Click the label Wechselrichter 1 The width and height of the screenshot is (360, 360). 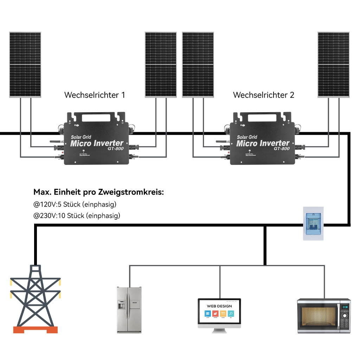pyautogui.click(x=95, y=95)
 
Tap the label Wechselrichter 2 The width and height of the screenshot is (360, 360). pyautogui.click(x=263, y=95)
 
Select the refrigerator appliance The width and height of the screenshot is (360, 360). pyautogui.click(x=129, y=310)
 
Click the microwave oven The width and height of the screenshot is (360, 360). pyautogui.click(x=324, y=316)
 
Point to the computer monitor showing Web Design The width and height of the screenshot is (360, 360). pyautogui.click(x=219, y=313)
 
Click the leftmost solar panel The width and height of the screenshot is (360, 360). pyautogui.click(x=25, y=65)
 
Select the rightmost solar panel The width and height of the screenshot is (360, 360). pyautogui.click(x=333, y=65)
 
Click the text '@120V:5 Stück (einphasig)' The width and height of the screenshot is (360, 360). pyautogui.click(x=75, y=204)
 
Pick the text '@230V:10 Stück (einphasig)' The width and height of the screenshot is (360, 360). pyautogui.click(x=77, y=216)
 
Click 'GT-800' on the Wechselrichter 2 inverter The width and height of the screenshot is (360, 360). pyautogui.click(x=282, y=149)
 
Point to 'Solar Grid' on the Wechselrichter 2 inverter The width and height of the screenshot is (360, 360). pyautogui.click(x=247, y=137)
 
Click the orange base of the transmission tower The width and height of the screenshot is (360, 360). pyautogui.click(x=35, y=330)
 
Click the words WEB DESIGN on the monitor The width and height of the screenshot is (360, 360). pyautogui.click(x=219, y=306)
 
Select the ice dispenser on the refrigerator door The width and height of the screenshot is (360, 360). pyautogui.click(x=121, y=305)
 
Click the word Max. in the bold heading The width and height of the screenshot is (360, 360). pyautogui.click(x=42, y=192)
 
